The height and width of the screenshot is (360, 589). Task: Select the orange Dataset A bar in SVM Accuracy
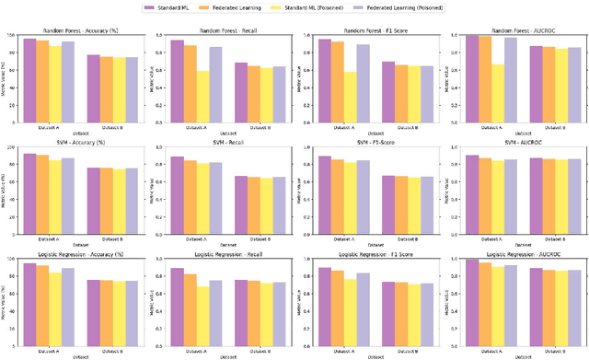pos(43,192)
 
